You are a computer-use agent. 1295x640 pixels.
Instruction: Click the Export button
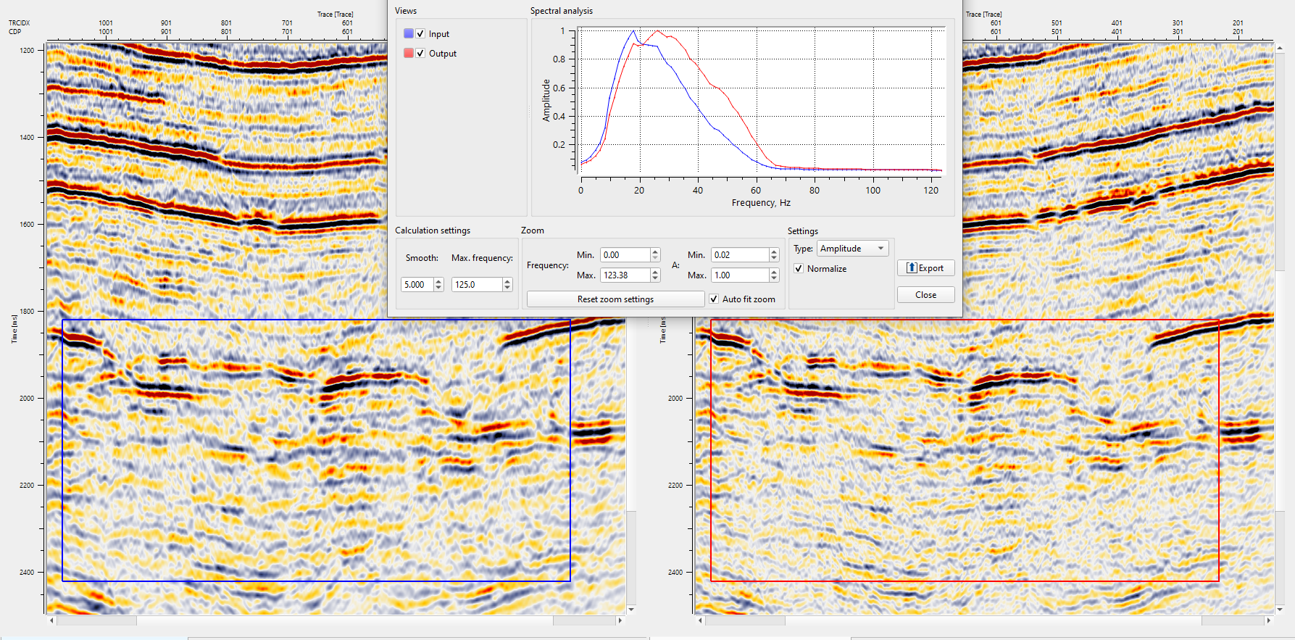point(925,268)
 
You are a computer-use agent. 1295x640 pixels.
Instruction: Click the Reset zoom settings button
point(615,299)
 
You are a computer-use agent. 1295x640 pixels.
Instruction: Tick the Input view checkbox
point(420,34)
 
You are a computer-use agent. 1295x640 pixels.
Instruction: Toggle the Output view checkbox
point(420,54)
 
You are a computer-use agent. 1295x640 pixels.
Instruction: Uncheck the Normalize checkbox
point(799,269)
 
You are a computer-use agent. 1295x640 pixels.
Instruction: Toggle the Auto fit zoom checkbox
point(714,299)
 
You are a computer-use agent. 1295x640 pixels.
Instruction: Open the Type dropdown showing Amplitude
point(852,249)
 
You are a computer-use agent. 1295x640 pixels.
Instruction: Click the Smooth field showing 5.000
point(417,285)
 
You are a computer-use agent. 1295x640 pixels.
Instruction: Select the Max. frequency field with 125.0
point(476,285)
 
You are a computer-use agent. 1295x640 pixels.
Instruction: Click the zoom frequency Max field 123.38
point(625,275)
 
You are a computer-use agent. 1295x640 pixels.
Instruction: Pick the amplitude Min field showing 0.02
point(738,255)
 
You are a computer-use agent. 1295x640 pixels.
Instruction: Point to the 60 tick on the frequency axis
point(756,191)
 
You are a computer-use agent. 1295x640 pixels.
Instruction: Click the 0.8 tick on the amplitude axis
point(559,59)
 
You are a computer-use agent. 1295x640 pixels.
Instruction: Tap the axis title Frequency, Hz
point(761,203)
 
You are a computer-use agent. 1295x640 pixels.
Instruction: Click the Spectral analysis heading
point(561,11)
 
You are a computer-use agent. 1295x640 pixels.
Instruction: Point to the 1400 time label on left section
point(27,137)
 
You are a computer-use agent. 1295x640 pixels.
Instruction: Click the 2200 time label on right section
point(675,486)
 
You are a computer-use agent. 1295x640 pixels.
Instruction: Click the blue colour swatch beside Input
point(409,33)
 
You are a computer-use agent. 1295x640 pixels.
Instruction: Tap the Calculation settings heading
point(433,230)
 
